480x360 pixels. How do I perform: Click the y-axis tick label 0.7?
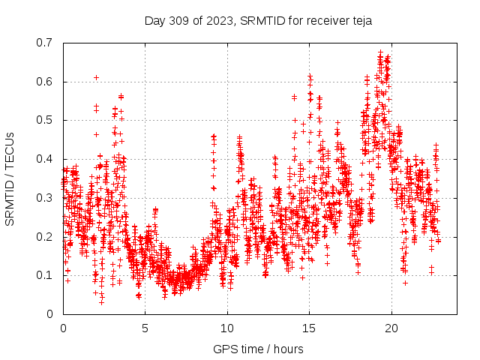[44, 43]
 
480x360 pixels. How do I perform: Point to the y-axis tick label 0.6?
[44, 82]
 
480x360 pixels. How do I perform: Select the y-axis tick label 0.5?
[44, 120]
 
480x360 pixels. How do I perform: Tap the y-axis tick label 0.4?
[44, 159]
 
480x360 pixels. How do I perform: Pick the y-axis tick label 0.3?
[44, 198]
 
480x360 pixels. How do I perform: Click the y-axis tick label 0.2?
[44, 236]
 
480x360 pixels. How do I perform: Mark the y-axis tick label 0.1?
[44, 275]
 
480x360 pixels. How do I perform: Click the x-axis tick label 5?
[145, 328]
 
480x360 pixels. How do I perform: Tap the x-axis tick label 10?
[227, 328]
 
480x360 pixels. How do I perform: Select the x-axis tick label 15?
[309, 328]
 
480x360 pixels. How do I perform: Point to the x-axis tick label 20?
[391, 328]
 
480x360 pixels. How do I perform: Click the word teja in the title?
[360, 21]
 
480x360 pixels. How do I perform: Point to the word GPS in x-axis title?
[225, 349]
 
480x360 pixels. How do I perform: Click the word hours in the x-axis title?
[288, 349]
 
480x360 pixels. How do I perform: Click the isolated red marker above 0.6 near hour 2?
[96, 76]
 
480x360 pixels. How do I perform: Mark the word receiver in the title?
[322, 21]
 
